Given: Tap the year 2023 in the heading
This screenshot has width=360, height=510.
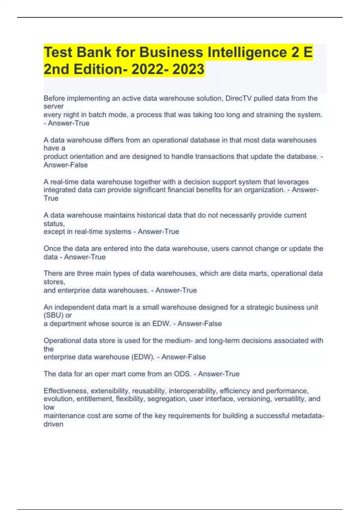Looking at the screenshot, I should point(188,69).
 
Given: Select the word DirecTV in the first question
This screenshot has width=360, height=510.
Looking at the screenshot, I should point(238,98).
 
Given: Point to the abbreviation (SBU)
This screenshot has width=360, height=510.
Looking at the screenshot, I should point(53,315).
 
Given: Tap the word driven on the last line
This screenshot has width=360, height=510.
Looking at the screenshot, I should point(53,424).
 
